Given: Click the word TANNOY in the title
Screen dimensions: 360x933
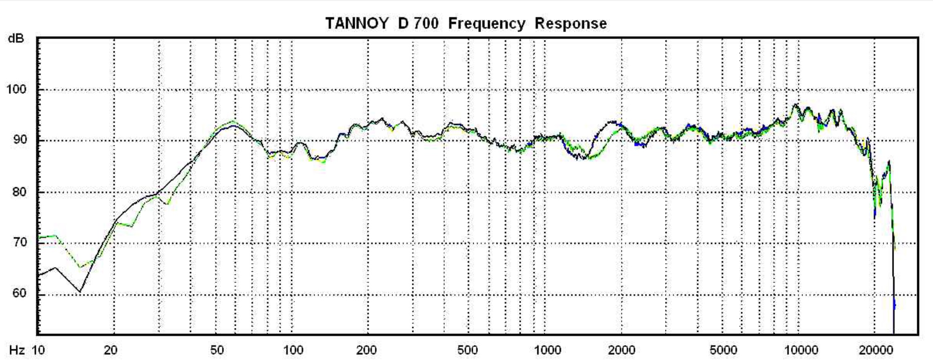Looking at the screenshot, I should [x=356, y=23].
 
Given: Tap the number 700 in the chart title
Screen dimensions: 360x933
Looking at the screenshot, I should [x=426, y=23].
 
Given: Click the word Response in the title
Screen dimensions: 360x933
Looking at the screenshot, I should [x=570, y=23].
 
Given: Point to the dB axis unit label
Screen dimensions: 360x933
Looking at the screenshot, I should [x=16, y=38].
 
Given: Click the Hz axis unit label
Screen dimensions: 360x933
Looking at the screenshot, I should [x=17, y=350].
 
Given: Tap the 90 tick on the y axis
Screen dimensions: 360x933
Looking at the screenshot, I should [x=19, y=140].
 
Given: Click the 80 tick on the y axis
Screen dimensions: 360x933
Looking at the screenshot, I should [x=19, y=191].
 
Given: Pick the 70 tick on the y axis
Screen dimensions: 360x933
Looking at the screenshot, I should [x=19, y=242].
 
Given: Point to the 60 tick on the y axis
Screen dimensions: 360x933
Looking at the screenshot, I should [x=19, y=293].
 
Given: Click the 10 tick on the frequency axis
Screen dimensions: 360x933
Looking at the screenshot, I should [x=38, y=350].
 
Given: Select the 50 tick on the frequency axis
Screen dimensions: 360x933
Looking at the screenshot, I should [x=216, y=350].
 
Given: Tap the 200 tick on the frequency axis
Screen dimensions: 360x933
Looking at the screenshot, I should [x=366, y=350].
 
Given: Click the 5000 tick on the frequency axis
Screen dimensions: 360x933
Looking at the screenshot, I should [x=723, y=350].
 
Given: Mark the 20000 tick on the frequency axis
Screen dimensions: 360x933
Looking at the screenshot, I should [x=875, y=350].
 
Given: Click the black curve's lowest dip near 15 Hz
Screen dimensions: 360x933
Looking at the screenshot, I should [x=80, y=292].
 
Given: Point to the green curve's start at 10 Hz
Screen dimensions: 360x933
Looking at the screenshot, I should [x=39, y=237].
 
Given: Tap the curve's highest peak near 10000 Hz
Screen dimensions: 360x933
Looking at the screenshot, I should [x=796, y=105].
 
